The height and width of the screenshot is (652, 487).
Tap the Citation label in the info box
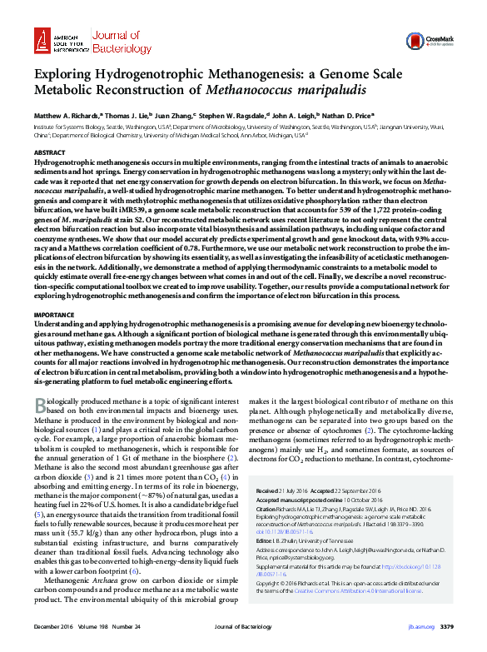(x=267, y=507)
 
